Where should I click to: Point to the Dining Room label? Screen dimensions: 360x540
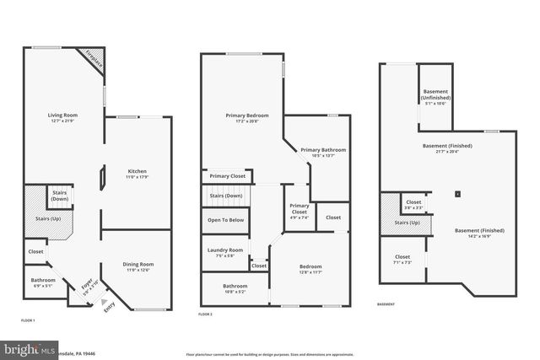click(139, 267)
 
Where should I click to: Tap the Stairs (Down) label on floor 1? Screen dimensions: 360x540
click(60, 196)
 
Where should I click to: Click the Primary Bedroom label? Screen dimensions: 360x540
click(246, 116)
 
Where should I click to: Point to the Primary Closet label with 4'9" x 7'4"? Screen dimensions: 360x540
click(300, 208)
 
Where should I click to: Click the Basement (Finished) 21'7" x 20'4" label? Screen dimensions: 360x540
click(447, 148)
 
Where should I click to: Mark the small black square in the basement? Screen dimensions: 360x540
click(457, 194)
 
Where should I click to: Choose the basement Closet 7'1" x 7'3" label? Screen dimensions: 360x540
click(402, 259)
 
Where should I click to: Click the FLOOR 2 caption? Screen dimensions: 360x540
click(205, 314)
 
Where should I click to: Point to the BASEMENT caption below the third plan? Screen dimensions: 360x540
click(385, 304)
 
